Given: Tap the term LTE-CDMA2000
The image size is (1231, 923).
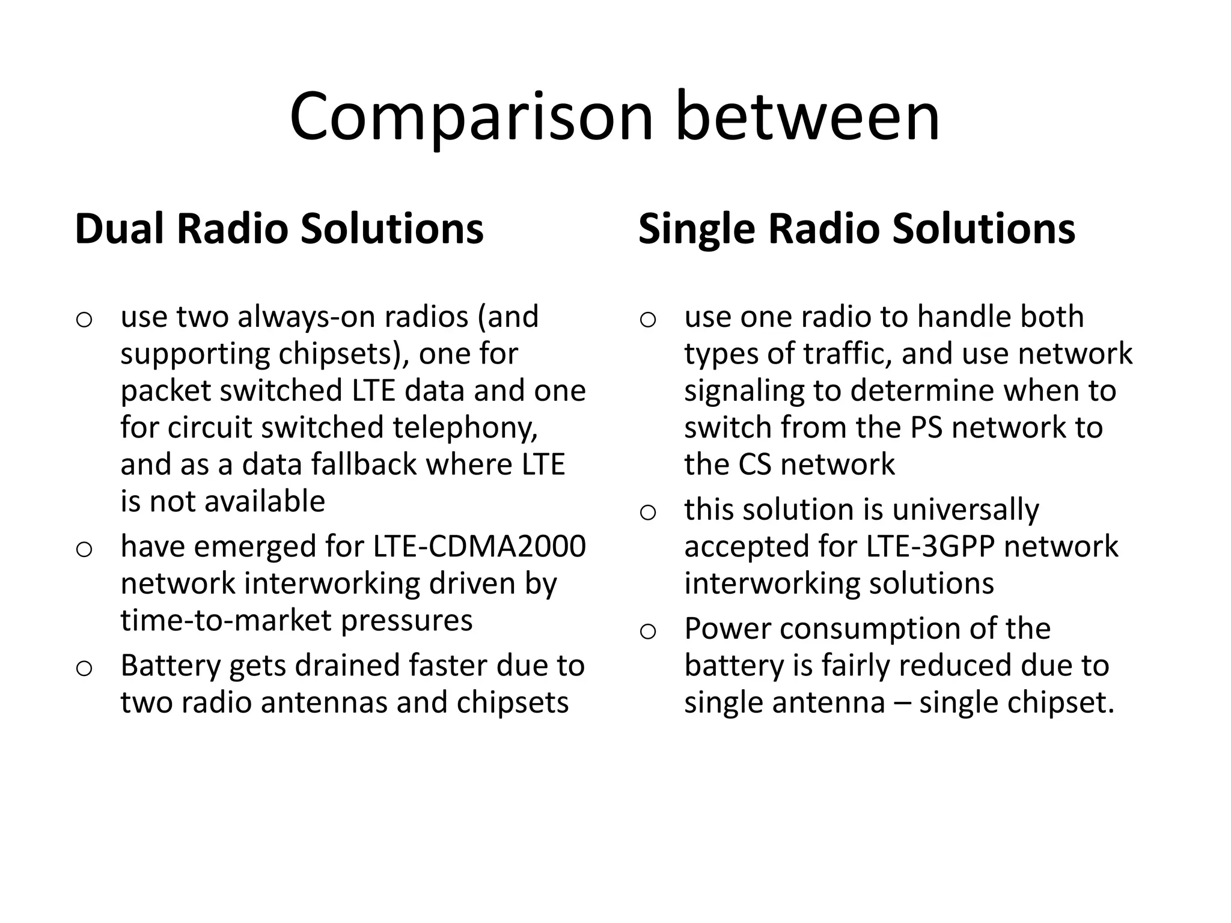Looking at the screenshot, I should (x=479, y=547).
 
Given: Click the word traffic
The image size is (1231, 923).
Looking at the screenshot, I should (x=847, y=354).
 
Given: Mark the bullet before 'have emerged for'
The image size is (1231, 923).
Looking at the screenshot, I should (x=84, y=549).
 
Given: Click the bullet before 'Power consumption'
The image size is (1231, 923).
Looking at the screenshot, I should (x=647, y=632).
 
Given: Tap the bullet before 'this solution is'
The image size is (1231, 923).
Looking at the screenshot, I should (x=647, y=513).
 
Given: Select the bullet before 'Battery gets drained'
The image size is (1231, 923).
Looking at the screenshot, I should (x=84, y=668).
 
